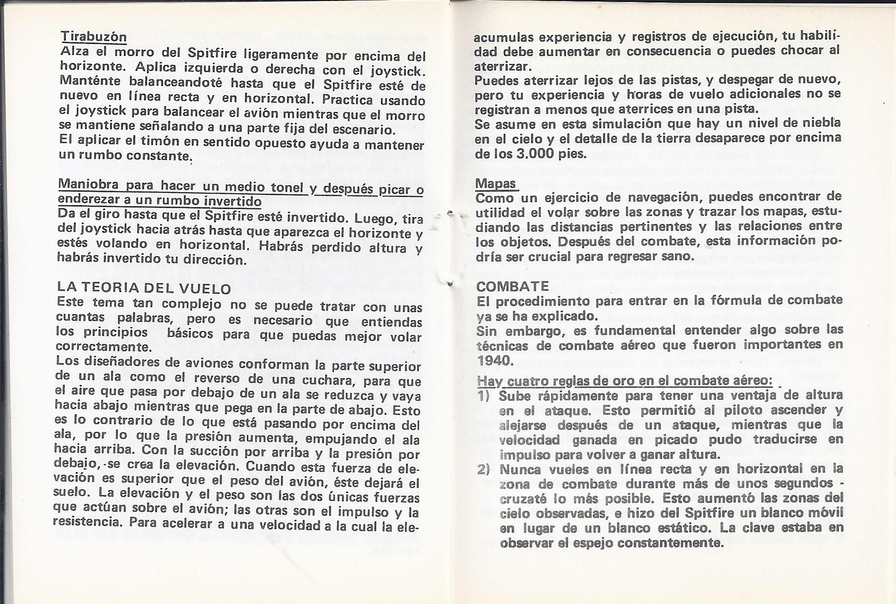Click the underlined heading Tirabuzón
(93, 36)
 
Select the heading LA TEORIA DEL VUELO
(144, 288)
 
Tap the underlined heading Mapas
(496, 183)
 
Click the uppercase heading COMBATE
(512, 286)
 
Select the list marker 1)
(483, 395)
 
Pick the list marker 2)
(483, 469)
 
